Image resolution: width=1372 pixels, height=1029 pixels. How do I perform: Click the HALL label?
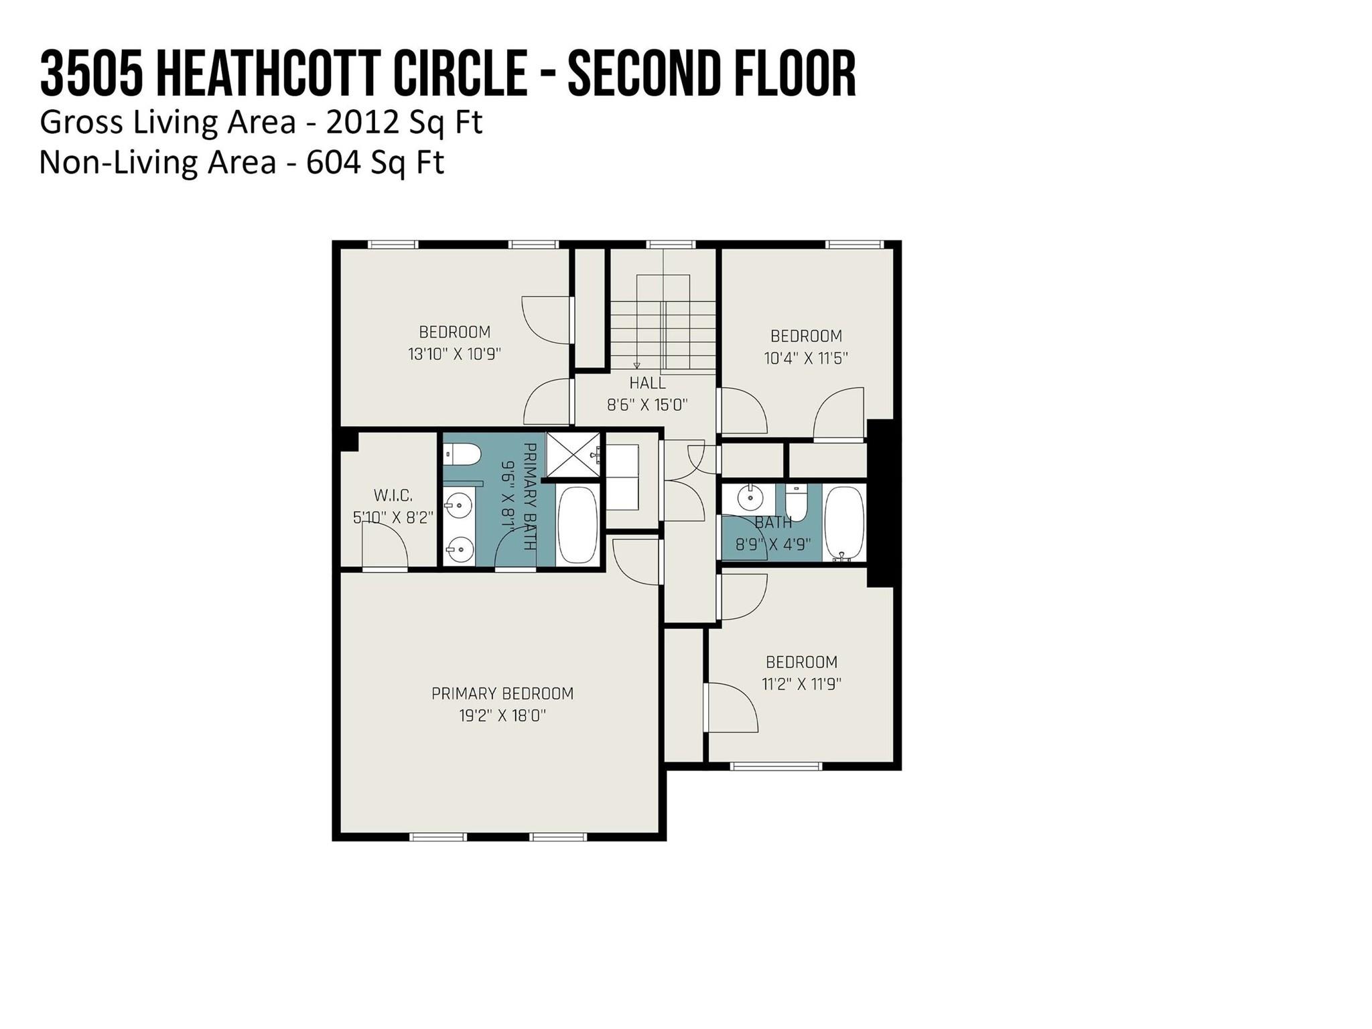(647, 383)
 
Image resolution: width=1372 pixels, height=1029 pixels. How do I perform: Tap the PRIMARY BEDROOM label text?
(502, 693)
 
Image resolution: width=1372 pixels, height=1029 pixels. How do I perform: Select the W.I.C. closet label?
(393, 495)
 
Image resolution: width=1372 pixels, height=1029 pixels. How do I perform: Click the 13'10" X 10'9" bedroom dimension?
(454, 354)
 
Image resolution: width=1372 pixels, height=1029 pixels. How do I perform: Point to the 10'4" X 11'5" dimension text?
(806, 358)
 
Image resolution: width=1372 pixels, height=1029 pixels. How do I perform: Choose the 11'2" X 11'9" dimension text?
(801, 684)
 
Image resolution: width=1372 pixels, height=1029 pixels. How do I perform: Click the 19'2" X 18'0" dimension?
(502, 715)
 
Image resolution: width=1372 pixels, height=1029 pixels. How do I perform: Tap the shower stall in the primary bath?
(574, 455)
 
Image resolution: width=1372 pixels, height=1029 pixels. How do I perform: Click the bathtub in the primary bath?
(577, 525)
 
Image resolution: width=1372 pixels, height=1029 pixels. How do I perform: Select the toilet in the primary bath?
(463, 455)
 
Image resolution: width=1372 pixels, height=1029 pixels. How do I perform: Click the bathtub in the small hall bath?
(844, 523)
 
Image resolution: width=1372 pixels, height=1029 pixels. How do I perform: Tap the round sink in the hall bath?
(750, 498)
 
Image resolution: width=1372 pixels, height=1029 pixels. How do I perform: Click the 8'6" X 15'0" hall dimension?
(647, 405)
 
